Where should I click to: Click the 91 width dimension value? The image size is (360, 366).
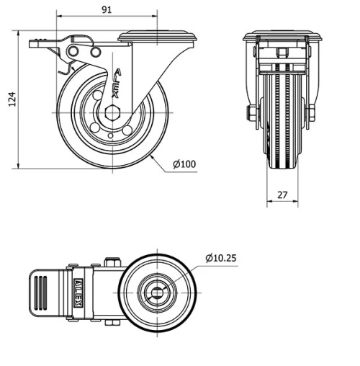point(106,9)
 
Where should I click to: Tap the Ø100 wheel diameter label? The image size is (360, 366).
point(184,164)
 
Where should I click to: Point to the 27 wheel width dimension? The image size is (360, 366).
point(282,193)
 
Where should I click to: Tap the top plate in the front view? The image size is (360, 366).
point(282,36)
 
